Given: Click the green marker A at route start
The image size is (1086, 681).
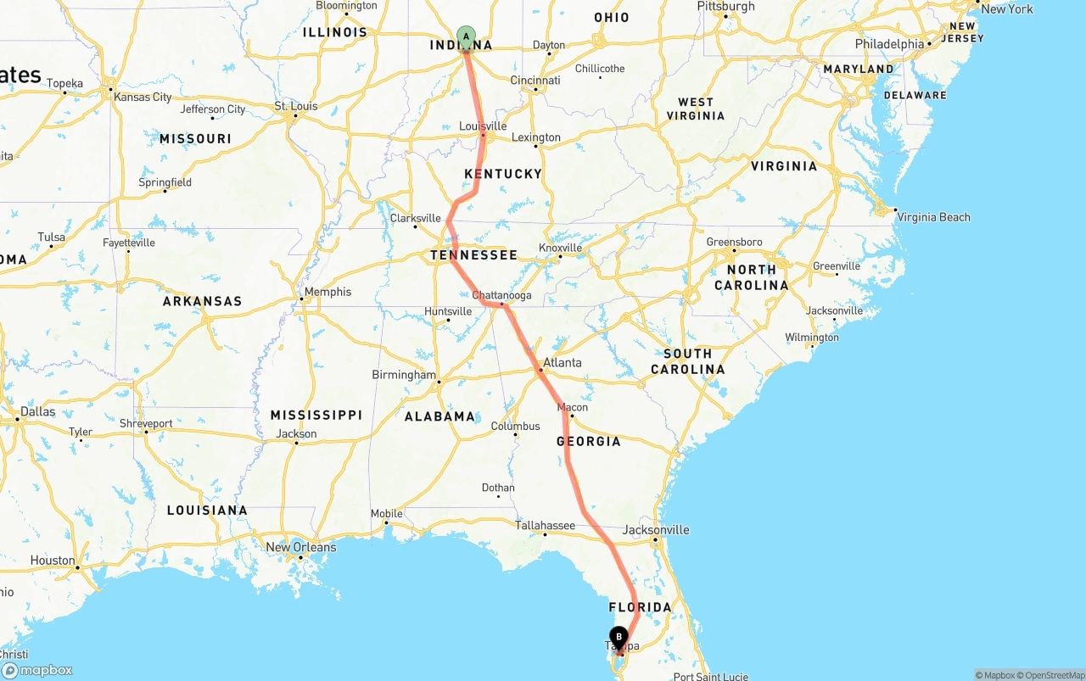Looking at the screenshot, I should coord(466,36).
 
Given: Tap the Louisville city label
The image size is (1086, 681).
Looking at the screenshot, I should coord(483,126).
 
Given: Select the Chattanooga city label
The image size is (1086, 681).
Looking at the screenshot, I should coord(501,295).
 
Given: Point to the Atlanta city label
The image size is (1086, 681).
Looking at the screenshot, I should coord(563,362).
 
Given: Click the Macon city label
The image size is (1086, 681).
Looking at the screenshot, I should coord(573,408).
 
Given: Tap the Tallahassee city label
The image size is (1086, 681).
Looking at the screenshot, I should coord(546,526).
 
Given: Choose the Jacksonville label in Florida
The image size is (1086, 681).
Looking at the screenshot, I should coord(656,530).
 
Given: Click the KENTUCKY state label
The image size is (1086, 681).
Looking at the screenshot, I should coord(503,174).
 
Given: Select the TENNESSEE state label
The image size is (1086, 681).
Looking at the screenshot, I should coord(473,255).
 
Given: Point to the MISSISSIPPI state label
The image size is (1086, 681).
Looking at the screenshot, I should coord(316,415).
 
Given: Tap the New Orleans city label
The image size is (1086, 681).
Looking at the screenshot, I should coord(301,547).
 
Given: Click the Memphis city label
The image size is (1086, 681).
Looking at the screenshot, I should coord(327,292).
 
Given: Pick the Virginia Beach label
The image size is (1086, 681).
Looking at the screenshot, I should coord(933,217).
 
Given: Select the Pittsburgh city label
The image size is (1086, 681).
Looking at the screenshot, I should coord(725,7).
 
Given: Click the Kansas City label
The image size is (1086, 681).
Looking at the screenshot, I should coord(143,97).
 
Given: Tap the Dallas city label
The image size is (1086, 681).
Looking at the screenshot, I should coord(38,412).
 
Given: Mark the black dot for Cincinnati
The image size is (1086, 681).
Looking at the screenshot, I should coord(535,89).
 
